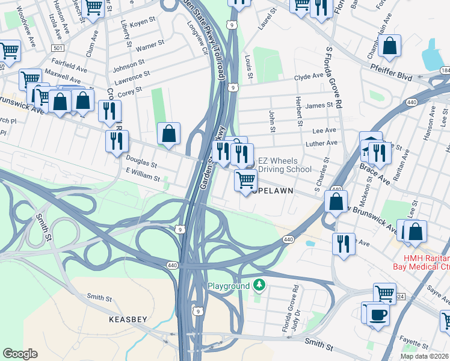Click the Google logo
20,354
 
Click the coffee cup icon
378,314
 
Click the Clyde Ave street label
309,77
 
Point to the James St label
319,105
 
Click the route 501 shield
57,48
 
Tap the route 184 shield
445,71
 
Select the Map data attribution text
425,356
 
